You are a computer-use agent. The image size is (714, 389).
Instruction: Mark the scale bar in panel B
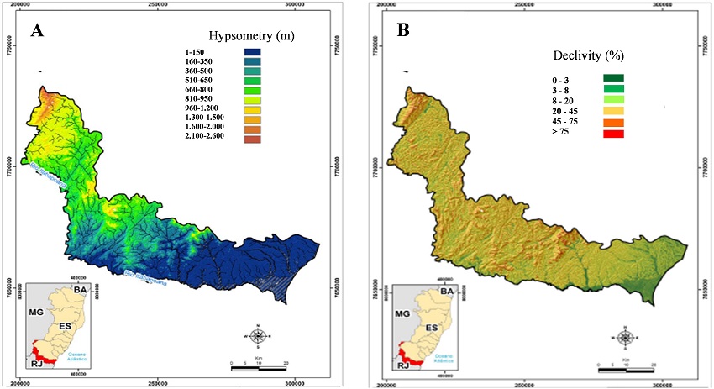[x=626, y=366]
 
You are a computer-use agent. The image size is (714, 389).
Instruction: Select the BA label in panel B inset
[x=447, y=291]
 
